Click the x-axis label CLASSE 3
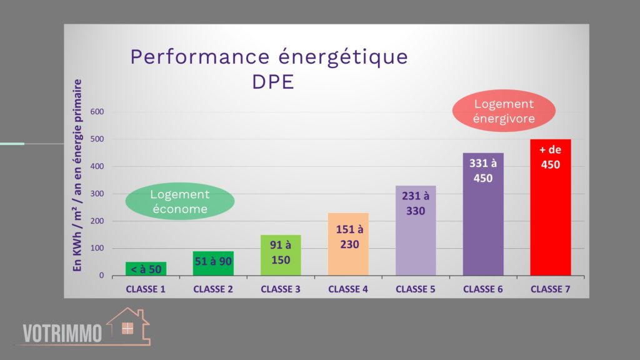pos(281,289)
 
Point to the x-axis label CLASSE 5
pos(416,289)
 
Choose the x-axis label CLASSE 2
pos(213,289)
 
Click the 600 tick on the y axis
pos(97,112)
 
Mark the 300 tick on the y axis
pos(97,194)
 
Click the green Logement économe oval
pos(179,202)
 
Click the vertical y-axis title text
pos(78,175)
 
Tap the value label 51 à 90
pos(213,261)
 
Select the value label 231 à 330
pos(416,204)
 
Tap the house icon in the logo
pos(127,326)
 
